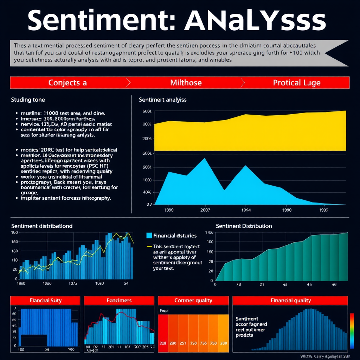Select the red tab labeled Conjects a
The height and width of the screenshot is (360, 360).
click(67, 83)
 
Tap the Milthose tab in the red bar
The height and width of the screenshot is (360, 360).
click(186, 83)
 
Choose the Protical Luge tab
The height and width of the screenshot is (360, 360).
click(296, 83)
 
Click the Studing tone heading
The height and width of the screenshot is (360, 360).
click(28, 100)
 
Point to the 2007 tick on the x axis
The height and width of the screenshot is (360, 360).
click(205, 210)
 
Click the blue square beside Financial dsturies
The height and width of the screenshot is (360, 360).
click(148, 236)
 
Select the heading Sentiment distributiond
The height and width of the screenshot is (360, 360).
click(42, 226)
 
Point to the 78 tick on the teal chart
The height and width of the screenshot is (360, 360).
click(238, 284)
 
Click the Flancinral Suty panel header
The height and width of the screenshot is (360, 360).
click(46, 301)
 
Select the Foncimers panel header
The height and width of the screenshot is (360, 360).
click(119, 301)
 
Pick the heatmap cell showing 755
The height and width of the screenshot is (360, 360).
click(203, 343)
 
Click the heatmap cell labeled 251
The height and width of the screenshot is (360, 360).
click(183, 343)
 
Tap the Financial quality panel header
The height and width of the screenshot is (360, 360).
click(290, 301)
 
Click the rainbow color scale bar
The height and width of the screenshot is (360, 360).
click(352, 330)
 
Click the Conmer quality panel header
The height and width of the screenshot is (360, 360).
click(193, 301)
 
